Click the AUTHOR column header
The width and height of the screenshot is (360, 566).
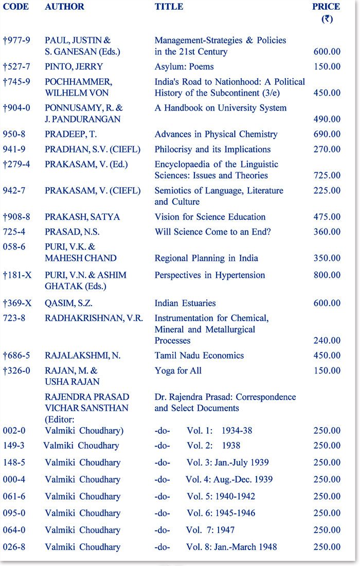(x=64, y=7)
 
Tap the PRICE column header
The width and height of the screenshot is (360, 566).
(x=326, y=7)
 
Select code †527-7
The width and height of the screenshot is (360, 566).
(x=17, y=66)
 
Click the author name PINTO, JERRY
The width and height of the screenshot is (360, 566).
(x=74, y=66)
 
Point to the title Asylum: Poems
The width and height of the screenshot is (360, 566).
(x=184, y=66)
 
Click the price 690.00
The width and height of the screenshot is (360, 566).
(x=327, y=134)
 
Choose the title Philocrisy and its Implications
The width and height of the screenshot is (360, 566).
(x=212, y=149)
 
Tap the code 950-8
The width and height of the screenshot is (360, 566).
(x=14, y=134)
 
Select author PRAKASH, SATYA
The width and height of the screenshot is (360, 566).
(x=82, y=217)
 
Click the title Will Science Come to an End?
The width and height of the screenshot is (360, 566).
(x=213, y=232)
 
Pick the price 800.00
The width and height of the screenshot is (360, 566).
(x=327, y=275)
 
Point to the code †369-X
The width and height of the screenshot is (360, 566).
(x=17, y=303)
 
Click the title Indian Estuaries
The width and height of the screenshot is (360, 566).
(x=185, y=303)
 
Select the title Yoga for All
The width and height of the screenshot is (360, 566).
(x=178, y=370)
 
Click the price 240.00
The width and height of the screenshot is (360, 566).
(x=327, y=341)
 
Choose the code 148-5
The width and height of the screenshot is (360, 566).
(x=14, y=463)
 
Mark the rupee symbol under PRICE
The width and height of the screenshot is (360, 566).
(x=327, y=19)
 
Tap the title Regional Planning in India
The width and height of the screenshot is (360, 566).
(x=206, y=258)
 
